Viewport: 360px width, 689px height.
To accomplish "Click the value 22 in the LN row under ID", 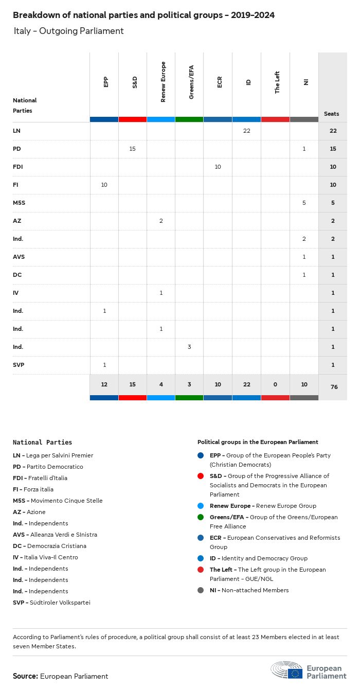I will pyautogui.click(x=246, y=131).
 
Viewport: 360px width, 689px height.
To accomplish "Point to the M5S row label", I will pyautogui.click(x=19, y=203).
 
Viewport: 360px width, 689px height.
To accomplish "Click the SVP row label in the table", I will pyautogui.click(x=19, y=365).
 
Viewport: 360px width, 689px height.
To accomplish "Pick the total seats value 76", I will pyautogui.click(x=334, y=386).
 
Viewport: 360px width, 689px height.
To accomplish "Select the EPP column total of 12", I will pyautogui.click(x=104, y=385).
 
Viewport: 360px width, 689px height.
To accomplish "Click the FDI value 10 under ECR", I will pyautogui.click(x=218, y=167).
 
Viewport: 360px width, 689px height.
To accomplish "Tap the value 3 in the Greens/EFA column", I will pyautogui.click(x=189, y=347).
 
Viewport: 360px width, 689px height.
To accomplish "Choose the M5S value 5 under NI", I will pyautogui.click(x=304, y=203).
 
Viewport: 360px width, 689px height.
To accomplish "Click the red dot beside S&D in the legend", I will pyautogui.click(x=200, y=476).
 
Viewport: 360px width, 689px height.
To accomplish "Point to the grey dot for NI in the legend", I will pyautogui.click(x=200, y=590).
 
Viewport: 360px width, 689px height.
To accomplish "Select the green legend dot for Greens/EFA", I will pyautogui.click(x=200, y=517).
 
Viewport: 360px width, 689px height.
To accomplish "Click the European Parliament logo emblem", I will pyautogui.click(x=287, y=670).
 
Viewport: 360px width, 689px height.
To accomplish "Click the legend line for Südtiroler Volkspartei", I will pyautogui.click(x=51, y=603).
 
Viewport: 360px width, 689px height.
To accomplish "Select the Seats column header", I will pyautogui.click(x=332, y=114).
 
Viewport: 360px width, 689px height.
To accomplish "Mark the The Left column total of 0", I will pyautogui.click(x=275, y=385).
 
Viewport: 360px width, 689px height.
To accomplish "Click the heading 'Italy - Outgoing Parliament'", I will pyautogui.click(x=69, y=31).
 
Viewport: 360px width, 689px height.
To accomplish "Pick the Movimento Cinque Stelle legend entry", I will pyautogui.click(x=58, y=501).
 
